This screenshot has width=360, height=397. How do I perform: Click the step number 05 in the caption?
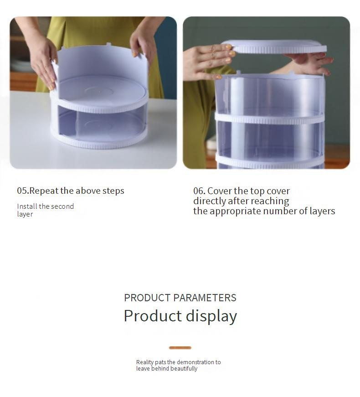tap(22, 191)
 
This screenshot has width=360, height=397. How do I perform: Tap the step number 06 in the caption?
tap(199, 191)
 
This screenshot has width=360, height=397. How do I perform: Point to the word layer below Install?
tap(25, 214)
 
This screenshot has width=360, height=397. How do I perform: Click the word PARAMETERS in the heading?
tap(205, 298)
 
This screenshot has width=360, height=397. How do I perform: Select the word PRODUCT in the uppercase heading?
tap(147, 298)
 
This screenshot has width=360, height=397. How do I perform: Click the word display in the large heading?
tap(211, 316)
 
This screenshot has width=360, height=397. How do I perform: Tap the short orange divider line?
tap(180, 348)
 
